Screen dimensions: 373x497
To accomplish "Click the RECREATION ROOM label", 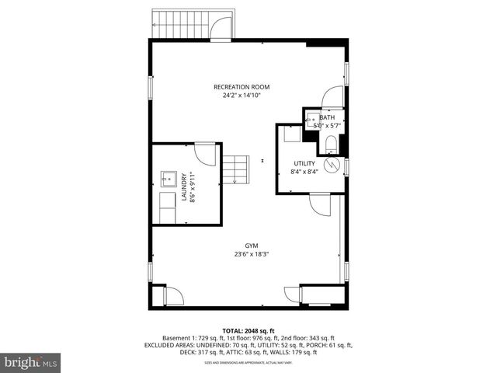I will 242,87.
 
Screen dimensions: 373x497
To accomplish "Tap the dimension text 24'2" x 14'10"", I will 242,96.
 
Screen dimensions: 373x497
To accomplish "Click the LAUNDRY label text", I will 185,186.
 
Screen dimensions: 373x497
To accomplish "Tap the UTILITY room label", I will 304,163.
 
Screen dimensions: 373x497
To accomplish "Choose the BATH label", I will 327,117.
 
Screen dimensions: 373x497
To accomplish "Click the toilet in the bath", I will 329,141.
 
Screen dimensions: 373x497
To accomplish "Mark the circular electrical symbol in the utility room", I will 332,165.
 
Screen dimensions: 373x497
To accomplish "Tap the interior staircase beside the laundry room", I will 235,169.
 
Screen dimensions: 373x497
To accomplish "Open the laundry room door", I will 206,152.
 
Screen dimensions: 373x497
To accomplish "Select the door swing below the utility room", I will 320,204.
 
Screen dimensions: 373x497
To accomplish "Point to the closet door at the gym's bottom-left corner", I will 173,296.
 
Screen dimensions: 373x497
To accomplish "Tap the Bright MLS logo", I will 30,362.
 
